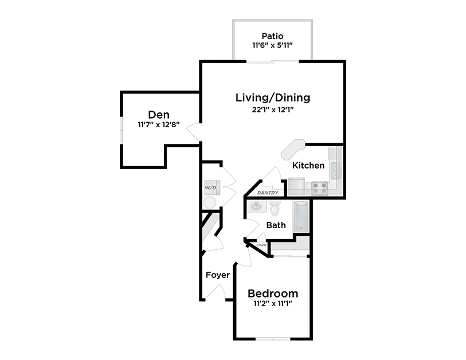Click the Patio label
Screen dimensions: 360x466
[272, 36]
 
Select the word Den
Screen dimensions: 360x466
[159, 114]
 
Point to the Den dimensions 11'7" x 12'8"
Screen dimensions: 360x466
[159, 124]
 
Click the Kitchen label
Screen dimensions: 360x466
[308, 166]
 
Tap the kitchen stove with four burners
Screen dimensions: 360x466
[319, 186]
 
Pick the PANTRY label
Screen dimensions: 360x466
[268, 193]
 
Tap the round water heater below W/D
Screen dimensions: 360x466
[210, 202]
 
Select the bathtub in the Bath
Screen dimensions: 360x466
[301, 216]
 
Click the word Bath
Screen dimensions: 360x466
[276, 225]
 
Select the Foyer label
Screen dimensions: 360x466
[218, 275]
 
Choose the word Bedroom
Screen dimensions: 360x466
[273, 292]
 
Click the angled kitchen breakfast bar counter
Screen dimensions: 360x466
[292, 149]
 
